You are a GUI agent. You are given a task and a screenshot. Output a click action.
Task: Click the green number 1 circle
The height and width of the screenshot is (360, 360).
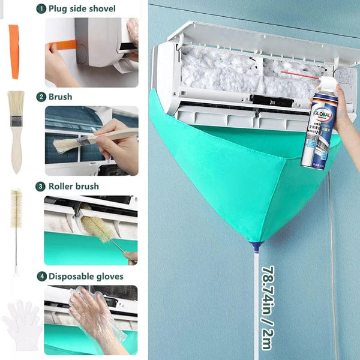coord(40,8)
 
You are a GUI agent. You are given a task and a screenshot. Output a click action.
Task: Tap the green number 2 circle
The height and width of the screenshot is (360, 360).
coord(40,97)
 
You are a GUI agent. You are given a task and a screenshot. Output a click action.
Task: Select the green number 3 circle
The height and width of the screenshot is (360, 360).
coord(40,186)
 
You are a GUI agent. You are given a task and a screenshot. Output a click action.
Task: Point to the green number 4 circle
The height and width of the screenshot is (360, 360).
coord(40,276)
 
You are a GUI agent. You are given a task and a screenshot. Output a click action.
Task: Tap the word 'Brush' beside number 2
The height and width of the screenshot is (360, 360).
coord(61,97)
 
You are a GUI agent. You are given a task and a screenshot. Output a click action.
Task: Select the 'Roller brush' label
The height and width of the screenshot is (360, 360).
coord(74,186)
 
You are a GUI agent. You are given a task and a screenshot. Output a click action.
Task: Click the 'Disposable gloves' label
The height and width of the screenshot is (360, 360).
coord(86,276)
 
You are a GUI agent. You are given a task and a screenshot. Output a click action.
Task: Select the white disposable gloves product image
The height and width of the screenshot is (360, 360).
coord(21,324)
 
